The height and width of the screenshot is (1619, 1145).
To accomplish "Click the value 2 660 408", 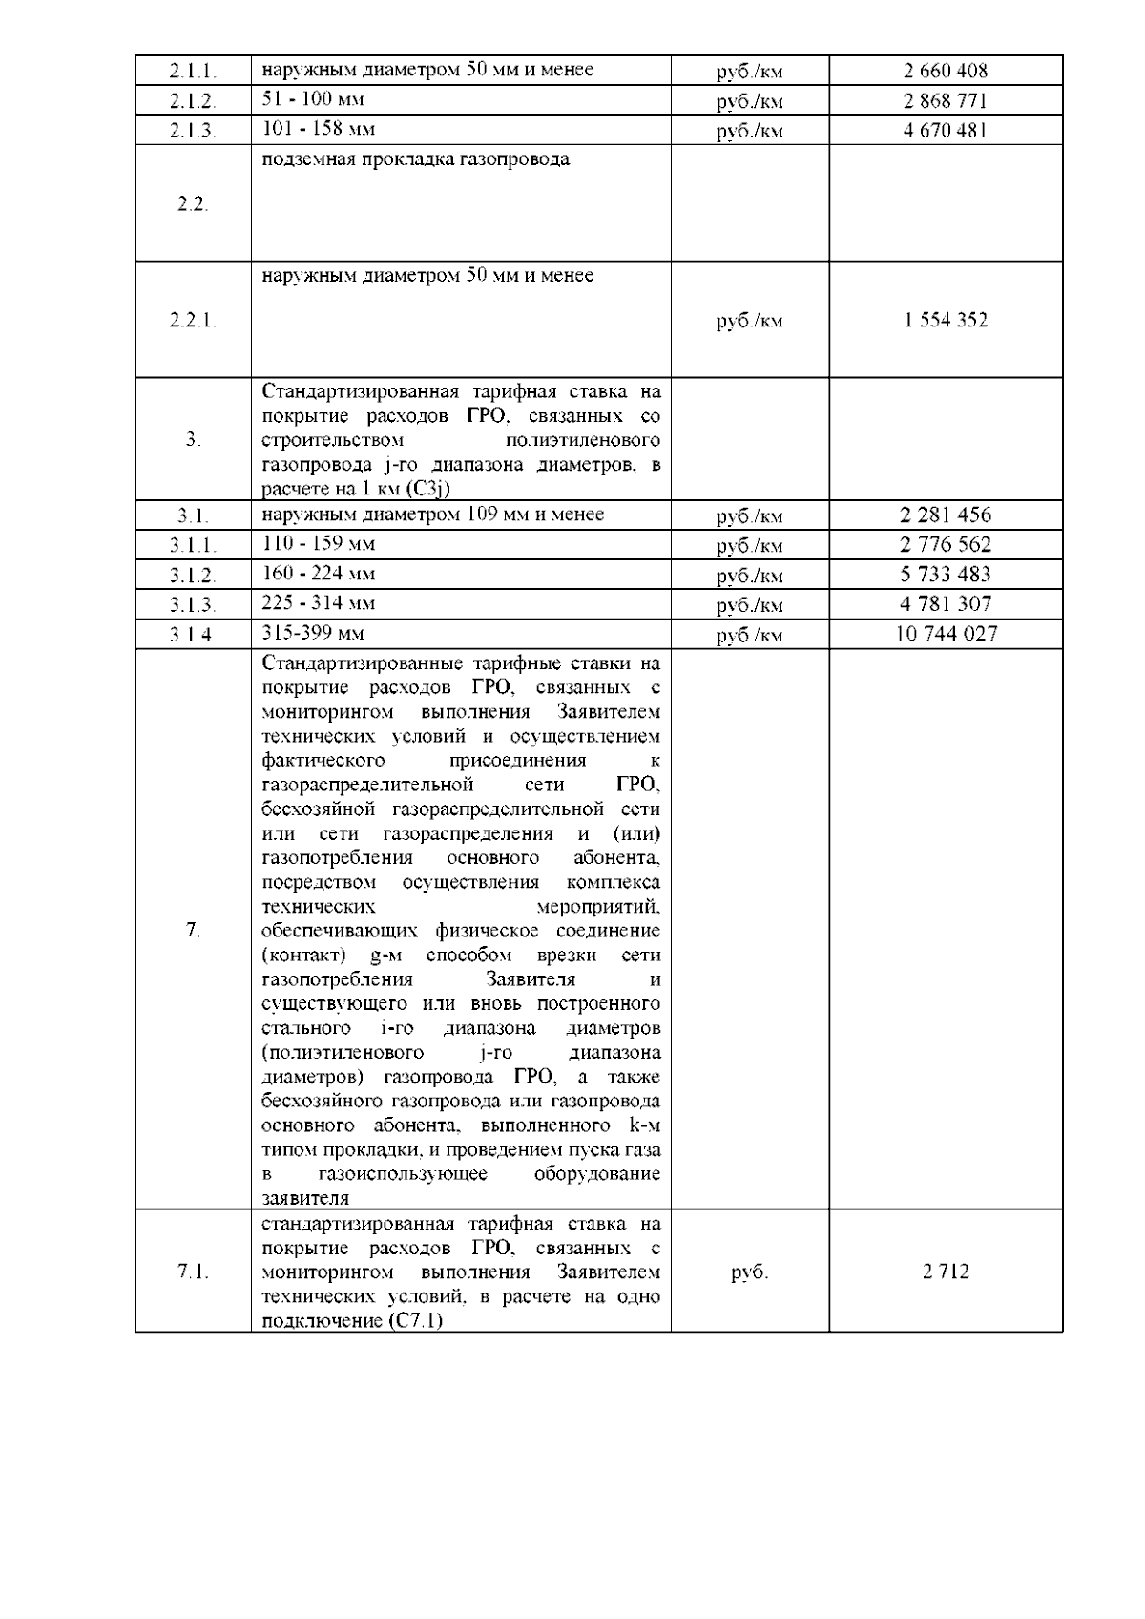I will tap(945, 71).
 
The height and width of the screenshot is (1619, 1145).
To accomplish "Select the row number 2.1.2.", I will tap(193, 101).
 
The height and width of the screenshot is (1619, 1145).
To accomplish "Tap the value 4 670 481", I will tap(945, 130).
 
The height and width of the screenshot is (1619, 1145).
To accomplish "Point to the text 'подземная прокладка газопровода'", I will tap(415, 159).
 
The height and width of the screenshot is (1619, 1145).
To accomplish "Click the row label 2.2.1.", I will tap(193, 321).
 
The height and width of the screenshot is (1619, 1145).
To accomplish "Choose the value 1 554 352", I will tap(945, 320).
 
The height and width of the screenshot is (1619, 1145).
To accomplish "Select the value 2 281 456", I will tap(945, 515).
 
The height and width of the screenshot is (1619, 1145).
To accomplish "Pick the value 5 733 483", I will tap(945, 575).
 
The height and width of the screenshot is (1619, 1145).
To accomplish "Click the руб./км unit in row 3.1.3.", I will tap(749, 605).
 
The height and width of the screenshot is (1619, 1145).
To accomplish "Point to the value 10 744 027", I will tap(945, 634).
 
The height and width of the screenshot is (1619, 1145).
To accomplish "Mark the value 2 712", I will tap(945, 1272).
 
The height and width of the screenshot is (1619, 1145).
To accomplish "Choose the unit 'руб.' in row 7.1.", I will tap(749, 1272).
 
